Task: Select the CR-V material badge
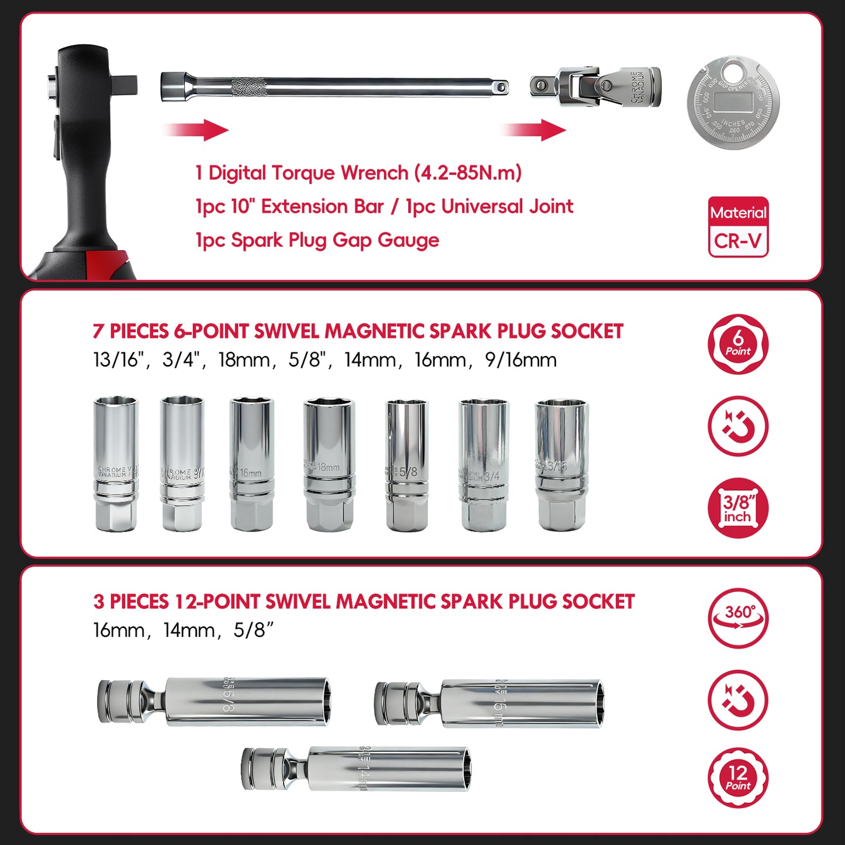click(738, 227)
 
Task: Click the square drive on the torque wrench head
click(124, 84)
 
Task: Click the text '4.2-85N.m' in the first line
click(468, 173)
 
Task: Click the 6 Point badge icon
click(738, 344)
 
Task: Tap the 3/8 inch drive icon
click(738, 508)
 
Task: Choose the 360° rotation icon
click(738, 619)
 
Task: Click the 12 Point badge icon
click(738, 778)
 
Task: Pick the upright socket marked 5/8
click(407, 465)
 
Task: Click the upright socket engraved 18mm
click(329, 465)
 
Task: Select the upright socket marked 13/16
click(561, 465)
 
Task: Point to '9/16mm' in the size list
click(521, 360)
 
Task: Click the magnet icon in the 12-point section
click(738, 700)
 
